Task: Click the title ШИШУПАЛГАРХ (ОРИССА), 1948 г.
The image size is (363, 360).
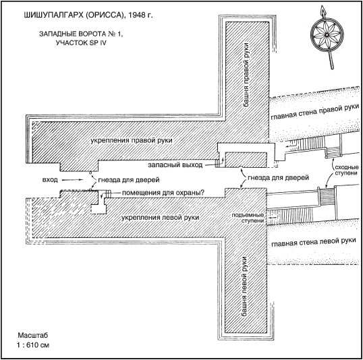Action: [x=88, y=16]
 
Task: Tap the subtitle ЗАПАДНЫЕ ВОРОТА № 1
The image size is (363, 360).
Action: [x=81, y=34]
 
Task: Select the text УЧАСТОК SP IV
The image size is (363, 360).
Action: [x=81, y=43]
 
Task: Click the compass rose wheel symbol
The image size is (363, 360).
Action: [x=327, y=34]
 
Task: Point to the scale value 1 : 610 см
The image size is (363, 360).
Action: [x=33, y=345]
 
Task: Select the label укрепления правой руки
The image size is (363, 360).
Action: [x=132, y=141]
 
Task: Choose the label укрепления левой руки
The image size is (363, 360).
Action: [x=160, y=218]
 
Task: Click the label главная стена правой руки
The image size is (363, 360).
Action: [x=315, y=113]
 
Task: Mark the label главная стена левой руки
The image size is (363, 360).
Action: [x=314, y=242]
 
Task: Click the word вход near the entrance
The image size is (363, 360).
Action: [x=50, y=180]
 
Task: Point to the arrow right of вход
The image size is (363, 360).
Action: [x=72, y=180]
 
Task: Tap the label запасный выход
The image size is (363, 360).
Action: [x=175, y=165]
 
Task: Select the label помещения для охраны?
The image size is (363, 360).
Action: [x=163, y=193]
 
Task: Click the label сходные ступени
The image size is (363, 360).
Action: [x=347, y=170]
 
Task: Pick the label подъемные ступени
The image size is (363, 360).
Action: [x=248, y=218]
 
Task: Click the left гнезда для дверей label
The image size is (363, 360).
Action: [x=129, y=180]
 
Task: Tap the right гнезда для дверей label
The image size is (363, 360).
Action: [x=278, y=178]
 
